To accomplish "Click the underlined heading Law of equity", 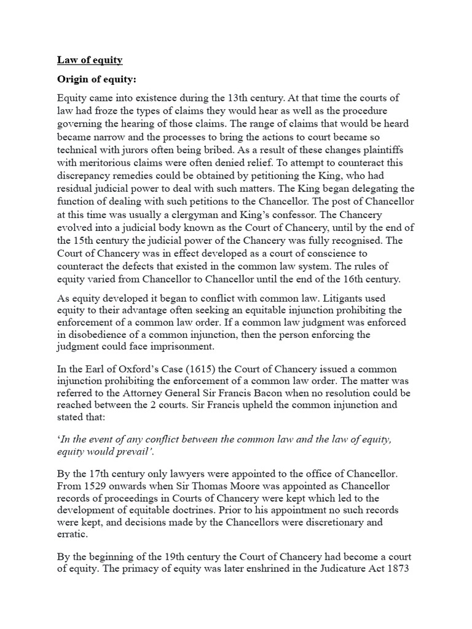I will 90,60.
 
